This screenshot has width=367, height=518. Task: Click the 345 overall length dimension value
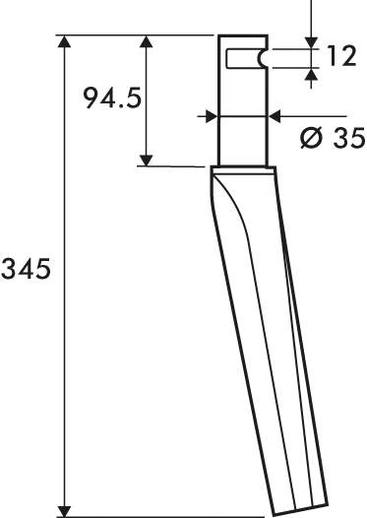[x=26, y=269]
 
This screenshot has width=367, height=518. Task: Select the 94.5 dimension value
[x=112, y=97]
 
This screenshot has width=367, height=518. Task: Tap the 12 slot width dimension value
[x=341, y=56]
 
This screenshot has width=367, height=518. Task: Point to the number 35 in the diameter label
[x=348, y=137]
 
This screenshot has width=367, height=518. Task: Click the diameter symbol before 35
[x=311, y=137]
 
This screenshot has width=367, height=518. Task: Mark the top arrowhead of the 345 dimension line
[x=65, y=41]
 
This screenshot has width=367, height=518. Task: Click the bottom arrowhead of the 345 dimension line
[x=65, y=511]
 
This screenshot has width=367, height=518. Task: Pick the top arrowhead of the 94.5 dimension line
[x=146, y=41]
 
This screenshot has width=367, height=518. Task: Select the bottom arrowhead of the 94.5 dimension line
[x=146, y=161]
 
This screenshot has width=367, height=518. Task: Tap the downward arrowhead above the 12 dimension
[x=311, y=43]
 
